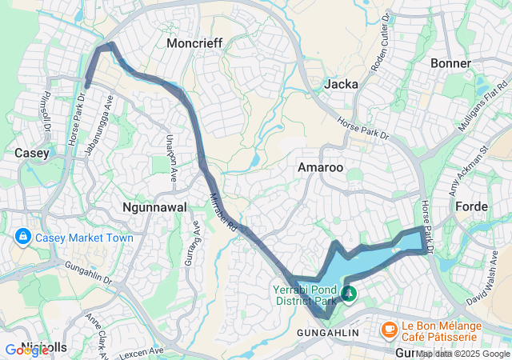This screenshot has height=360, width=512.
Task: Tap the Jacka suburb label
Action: pos(342,84)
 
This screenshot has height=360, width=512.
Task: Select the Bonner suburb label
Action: pos(450,63)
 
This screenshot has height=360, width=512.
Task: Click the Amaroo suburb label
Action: pos(320,167)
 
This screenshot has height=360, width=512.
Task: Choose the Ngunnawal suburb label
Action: pos(154,207)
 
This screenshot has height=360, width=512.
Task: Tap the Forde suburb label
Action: pos(471,206)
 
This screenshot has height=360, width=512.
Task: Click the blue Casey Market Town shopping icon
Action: pos(22,238)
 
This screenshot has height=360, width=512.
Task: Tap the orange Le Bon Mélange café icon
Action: pos(389,328)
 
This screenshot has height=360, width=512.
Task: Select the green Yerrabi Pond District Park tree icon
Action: pos(348,294)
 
